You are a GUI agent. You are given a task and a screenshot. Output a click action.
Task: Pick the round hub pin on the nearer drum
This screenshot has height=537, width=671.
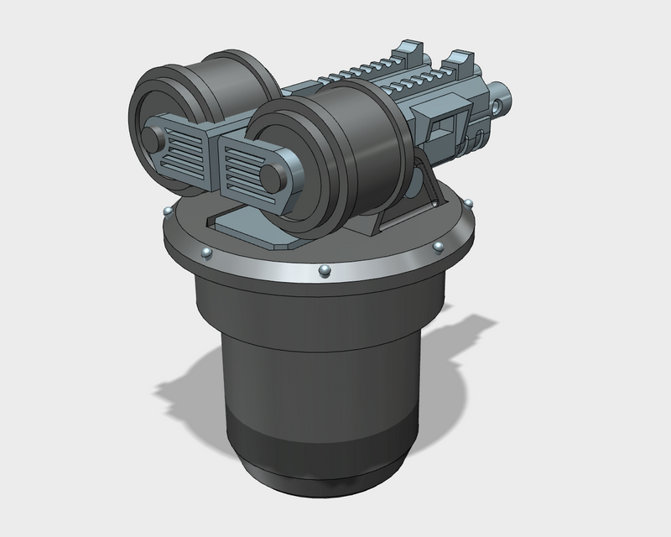point(273,175)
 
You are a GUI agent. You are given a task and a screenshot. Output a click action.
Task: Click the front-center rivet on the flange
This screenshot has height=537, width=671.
point(324,269)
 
